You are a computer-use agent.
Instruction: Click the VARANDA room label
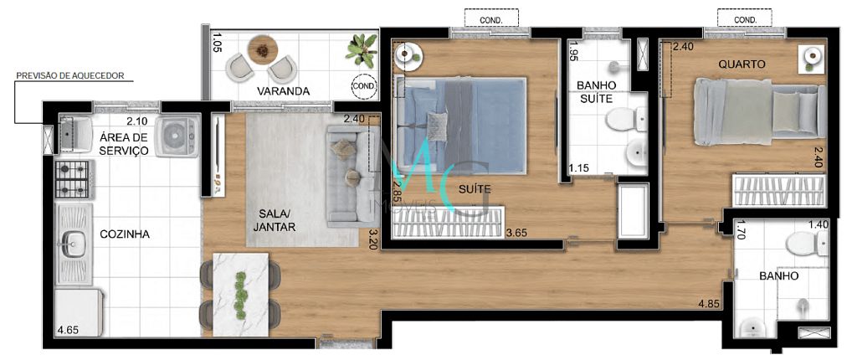point(284,90)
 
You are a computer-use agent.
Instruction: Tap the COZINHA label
point(124,234)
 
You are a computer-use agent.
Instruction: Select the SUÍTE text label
point(474,190)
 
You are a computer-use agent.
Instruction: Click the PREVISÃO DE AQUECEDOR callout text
point(70,75)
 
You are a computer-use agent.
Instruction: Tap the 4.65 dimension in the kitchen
point(69,331)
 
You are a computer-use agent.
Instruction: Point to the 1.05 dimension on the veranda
point(217,43)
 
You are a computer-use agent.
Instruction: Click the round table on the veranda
point(264,49)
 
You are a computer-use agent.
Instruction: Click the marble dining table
point(240,290)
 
